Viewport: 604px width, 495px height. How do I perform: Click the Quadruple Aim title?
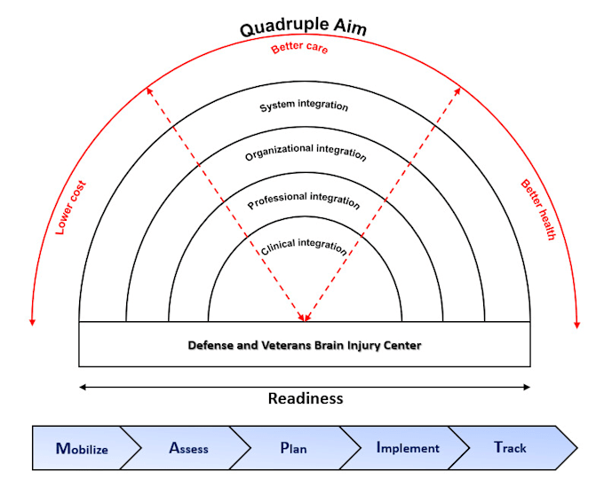(303, 27)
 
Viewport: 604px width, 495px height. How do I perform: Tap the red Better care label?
(299, 48)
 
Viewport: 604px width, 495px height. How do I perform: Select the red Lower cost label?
(71, 208)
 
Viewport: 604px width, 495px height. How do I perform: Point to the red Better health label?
(538, 209)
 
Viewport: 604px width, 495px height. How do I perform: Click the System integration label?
(304, 106)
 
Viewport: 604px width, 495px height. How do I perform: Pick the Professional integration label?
(304, 200)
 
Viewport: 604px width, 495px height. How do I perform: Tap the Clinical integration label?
(304, 247)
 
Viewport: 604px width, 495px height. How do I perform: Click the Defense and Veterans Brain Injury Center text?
(305, 345)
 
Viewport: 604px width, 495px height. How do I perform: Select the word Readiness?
(306, 398)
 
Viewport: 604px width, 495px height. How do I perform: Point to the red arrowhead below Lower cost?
(32, 322)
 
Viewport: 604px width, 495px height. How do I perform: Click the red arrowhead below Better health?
(576, 324)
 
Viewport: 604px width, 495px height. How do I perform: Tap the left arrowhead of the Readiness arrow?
(83, 388)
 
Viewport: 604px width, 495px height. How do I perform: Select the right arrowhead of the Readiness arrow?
(527, 388)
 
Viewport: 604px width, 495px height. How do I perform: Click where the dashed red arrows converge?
(305, 321)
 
